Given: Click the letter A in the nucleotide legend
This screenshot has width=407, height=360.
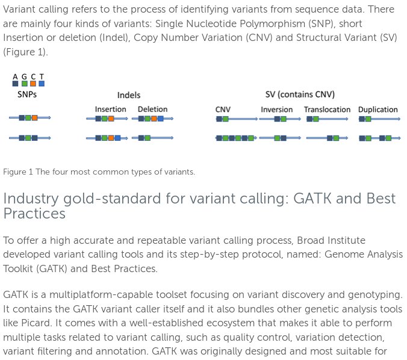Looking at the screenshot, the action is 15,76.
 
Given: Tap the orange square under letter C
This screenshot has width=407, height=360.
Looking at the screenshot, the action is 33,84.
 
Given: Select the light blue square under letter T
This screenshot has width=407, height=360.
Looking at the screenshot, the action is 42,84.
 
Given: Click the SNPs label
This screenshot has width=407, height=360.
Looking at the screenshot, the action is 27,95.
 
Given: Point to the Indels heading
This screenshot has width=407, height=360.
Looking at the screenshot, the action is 129,95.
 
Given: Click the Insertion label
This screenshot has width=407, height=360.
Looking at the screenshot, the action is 111,110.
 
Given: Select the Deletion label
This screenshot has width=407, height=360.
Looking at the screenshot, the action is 153,110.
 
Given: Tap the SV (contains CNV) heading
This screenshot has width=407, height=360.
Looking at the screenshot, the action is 300,95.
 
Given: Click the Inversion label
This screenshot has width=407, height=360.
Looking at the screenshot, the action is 277,110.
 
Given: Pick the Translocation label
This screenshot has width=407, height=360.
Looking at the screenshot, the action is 327,110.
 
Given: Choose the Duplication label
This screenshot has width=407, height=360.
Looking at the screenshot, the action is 378,110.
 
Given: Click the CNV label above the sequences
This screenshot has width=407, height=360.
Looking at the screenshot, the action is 223,110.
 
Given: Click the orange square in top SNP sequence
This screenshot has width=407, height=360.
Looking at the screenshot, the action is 34,118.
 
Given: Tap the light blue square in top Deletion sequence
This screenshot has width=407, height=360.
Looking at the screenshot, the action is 161,119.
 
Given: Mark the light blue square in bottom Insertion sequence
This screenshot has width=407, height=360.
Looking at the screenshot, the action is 117,138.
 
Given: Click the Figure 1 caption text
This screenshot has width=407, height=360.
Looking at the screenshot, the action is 99,172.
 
